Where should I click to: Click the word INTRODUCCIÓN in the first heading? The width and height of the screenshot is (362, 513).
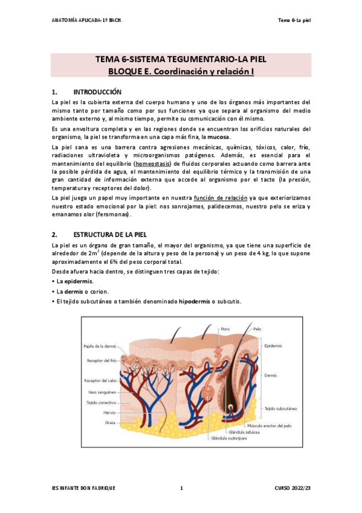[x=97, y=92]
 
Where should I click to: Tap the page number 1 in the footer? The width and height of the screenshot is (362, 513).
[x=181, y=488]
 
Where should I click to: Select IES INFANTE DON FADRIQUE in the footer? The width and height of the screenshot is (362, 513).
[x=83, y=488]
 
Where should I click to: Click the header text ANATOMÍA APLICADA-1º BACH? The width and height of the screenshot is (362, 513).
[x=87, y=20]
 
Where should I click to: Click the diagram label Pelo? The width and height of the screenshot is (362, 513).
[x=257, y=328]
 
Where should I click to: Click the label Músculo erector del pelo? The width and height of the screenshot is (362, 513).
[x=265, y=425]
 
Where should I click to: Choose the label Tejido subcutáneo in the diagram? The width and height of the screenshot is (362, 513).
[x=279, y=408]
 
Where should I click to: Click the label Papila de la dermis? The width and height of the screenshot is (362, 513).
[x=100, y=346]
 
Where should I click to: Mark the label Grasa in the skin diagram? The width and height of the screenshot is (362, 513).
[x=110, y=422]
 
